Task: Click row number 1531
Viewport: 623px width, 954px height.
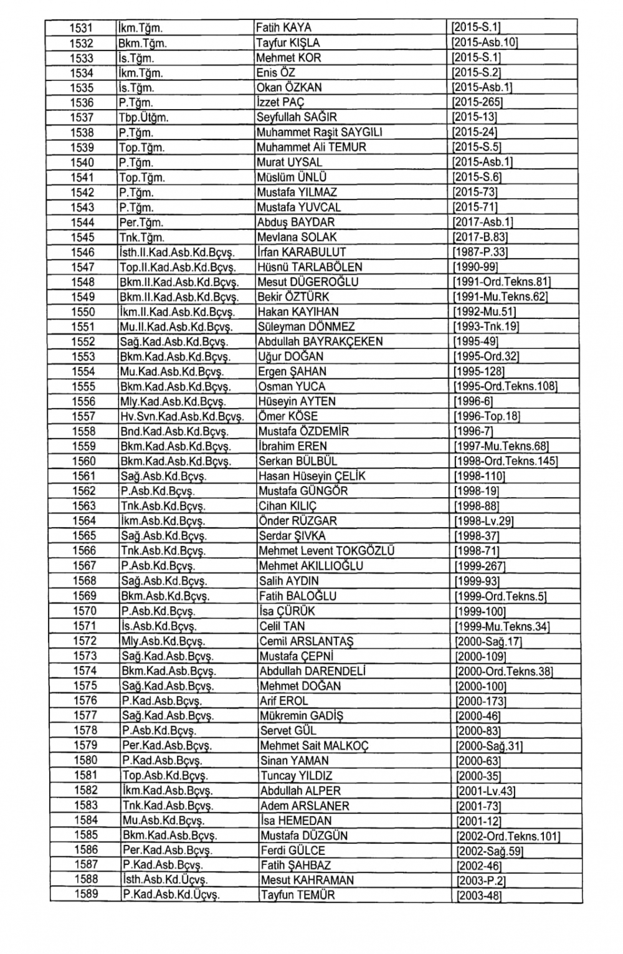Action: (x=80, y=28)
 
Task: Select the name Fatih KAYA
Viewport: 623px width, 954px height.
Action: (x=284, y=28)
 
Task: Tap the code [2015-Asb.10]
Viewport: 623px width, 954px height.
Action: (x=485, y=43)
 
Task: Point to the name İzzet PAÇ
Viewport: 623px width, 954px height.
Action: (x=280, y=103)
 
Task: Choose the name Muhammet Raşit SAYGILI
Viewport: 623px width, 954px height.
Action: (x=319, y=133)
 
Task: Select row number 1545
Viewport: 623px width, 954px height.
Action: (x=82, y=237)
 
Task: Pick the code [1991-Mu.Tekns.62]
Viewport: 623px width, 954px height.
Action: (x=500, y=297)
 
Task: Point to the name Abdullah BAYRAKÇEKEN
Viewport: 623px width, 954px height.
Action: (x=320, y=342)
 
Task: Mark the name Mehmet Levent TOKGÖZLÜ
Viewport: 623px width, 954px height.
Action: (x=326, y=551)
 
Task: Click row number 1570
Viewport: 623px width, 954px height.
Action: (x=85, y=611)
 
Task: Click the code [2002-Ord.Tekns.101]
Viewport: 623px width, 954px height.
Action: (x=508, y=836)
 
